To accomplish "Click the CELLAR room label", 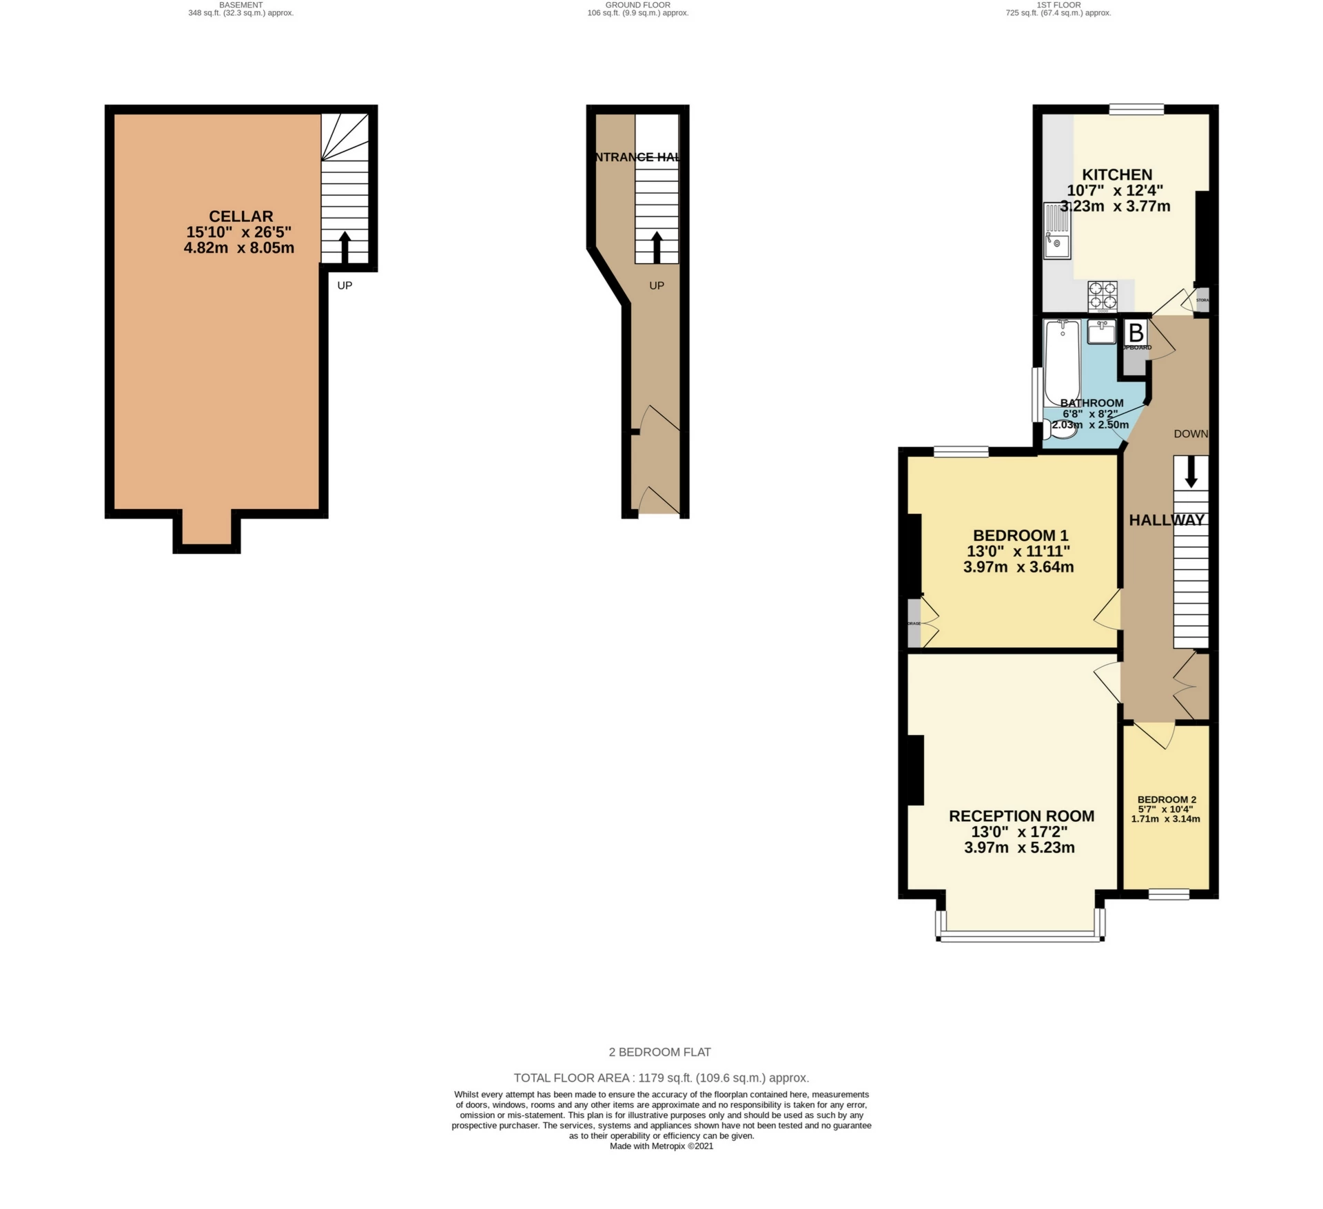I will (x=240, y=216).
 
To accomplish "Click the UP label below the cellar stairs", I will (x=345, y=285).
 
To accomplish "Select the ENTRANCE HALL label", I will (x=637, y=157).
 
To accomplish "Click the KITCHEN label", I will (x=1116, y=175).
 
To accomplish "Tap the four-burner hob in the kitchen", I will (x=1102, y=296).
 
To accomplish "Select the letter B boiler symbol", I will (x=1136, y=333).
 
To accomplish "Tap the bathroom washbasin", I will (x=1102, y=332).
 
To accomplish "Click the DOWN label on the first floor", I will (x=1191, y=434).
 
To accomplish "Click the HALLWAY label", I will (x=1167, y=520).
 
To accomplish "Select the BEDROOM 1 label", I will (x=1020, y=535).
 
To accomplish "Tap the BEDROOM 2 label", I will (x=1167, y=800).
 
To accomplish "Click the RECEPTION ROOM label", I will (x=1021, y=816).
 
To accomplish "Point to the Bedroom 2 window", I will (x=1169, y=895).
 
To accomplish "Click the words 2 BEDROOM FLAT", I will (x=659, y=1052).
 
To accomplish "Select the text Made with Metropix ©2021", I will (x=661, y=1146).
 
